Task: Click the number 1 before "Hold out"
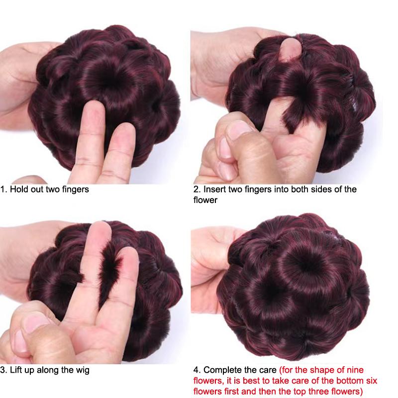tap(3, 189)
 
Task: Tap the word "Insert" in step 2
tap(212, 189)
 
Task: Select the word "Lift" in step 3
tap(15, 370)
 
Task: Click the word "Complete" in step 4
tap(222, 370)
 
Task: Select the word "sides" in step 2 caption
tap(316, 189)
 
